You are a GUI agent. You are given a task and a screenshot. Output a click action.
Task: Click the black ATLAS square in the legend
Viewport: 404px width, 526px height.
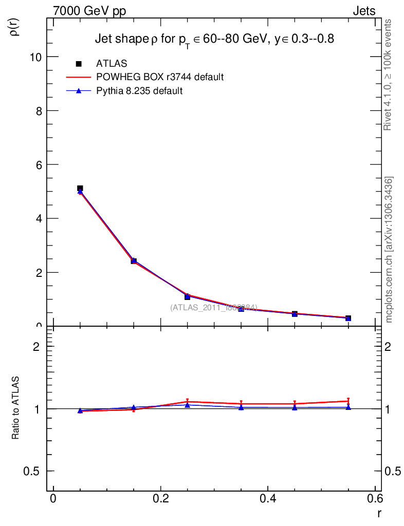tap(79, 64)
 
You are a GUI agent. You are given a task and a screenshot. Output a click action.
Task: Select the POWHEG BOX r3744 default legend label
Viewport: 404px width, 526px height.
tap(160, 78)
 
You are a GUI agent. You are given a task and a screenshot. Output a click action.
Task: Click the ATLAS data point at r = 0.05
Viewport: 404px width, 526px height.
tap(80, 189)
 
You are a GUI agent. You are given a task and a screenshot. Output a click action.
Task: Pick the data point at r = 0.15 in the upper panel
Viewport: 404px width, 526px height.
tap(134, 261)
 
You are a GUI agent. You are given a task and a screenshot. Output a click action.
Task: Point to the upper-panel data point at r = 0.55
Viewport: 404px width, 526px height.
tap(348, 318)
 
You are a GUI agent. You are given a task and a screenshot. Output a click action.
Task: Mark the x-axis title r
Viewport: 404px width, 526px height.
tap(379, 513)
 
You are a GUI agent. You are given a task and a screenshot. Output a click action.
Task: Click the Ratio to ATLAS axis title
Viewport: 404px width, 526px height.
tap(16, 408)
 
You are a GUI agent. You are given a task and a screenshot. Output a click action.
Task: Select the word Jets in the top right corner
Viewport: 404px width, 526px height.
tap(363, 11)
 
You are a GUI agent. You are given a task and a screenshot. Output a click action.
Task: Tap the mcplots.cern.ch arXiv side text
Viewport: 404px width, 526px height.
tap(389, 250)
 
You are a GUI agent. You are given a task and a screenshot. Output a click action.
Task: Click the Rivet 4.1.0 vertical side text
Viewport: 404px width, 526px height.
tap(388, 75)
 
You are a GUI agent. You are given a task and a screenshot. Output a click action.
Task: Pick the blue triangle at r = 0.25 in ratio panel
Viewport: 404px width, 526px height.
tap(188, 405)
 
